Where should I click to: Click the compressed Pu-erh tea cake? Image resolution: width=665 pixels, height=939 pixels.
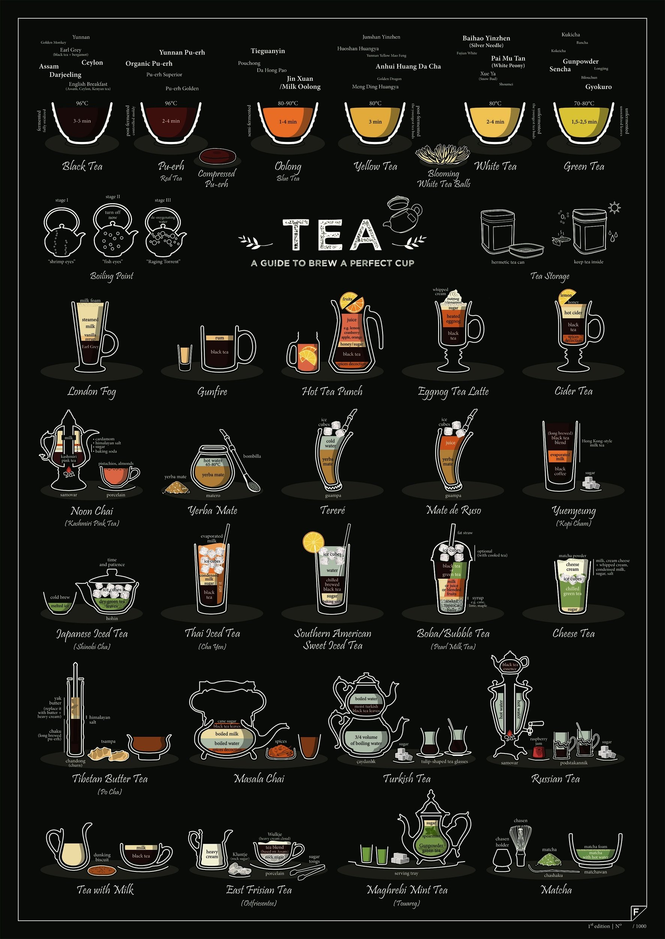click(x=217, y=156)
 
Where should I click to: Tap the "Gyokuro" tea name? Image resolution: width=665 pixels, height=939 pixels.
click(x=598, y=87)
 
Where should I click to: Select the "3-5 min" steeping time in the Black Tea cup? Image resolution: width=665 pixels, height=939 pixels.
click(x=82, y=121)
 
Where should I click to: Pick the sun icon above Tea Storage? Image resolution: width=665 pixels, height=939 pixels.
click(x=614, y=208)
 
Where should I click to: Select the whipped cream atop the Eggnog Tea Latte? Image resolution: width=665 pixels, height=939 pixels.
click(x=453, y=294)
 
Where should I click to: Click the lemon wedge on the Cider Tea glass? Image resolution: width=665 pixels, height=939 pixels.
click(x=567, y=296)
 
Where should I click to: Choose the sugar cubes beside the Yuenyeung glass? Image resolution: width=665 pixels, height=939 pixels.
click(x=591, y=484)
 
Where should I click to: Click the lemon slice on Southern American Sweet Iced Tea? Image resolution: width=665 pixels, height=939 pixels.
click(x=313, y=541)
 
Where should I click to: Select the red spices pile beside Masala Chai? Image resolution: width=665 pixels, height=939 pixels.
click(x=281, y=752)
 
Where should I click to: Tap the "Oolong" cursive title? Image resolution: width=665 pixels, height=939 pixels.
click(x=288, y=167)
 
